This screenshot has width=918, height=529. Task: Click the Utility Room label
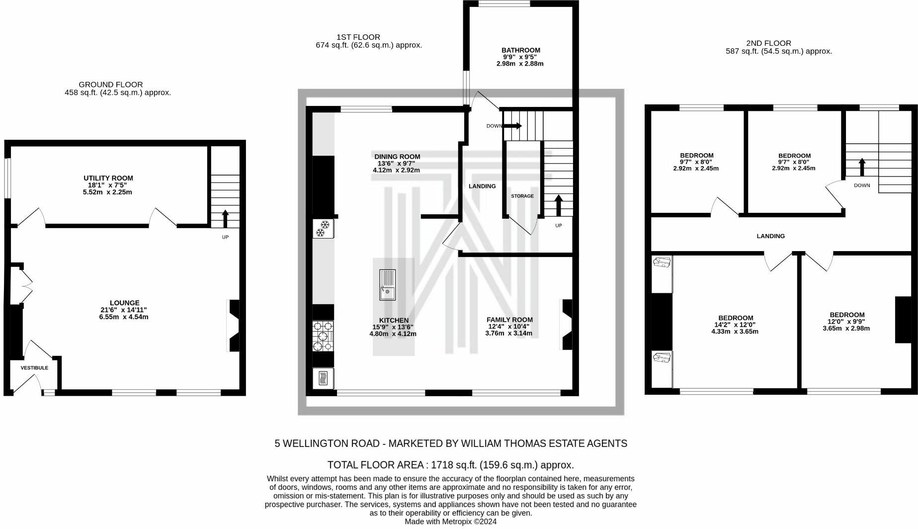pyautogui.click(x=108, y=178)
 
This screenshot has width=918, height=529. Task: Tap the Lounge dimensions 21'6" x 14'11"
pyautogui.click(x=123, y=310)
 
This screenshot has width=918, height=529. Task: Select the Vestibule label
pyautogui.click(x=34, y=368)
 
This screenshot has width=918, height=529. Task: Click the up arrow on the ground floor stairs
pyautogui.click(x=225, y=218)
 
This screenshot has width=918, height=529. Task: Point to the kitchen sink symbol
pyautogui.click(x=387, y=285)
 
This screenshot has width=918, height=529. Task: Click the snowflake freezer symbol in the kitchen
pyautogui.click(x=322, y=229)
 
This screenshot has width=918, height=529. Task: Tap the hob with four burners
pyautogui.click(x=322, y=336)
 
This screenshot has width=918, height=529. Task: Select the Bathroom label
pyautogui.click(x=520, y=50)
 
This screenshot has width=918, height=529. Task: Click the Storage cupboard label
pyautogui.click(x=522, y=196)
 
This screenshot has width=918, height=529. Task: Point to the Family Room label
pyautogui.click(x=509, y=320)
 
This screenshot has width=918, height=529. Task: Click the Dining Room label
pyautogui.click(x=397, y=157)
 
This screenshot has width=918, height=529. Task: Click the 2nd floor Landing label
pyautogui.click(x=770, y=236)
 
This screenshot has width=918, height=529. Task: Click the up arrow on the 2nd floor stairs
pyautogui.click(x=862, y=167)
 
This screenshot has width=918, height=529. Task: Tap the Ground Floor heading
pyautogui.click(x=110, y=85)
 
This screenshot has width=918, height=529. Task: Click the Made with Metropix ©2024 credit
pyautogui.click(x=450, y=522)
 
